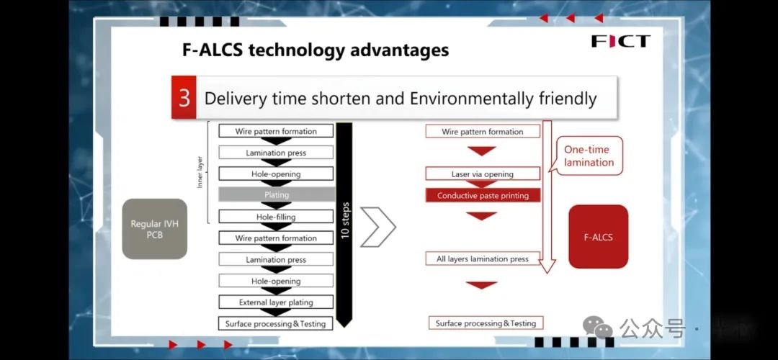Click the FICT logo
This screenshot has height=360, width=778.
620,41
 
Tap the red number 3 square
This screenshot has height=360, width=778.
184,98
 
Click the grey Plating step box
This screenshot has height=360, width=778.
277,194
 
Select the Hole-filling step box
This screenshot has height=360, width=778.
277,216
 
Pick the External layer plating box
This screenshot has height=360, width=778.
277,302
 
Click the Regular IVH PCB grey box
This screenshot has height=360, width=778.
155,229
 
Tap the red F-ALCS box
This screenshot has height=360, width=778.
598,236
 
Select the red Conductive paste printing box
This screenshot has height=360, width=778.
483,195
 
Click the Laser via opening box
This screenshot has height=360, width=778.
483,174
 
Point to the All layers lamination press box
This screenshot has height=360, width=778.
483,258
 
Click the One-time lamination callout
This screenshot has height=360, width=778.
589,156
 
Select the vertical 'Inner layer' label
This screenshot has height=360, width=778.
200,174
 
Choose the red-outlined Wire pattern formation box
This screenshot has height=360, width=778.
483,132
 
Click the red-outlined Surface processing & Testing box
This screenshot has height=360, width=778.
486,323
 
